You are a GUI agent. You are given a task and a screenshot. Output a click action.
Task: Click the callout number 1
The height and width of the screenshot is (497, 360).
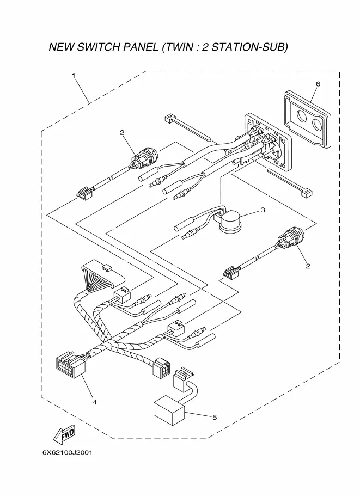(74, 76)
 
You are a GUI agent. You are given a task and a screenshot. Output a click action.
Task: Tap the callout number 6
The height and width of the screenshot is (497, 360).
(318, 84)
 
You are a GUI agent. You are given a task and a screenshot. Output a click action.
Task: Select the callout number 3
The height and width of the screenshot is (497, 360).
(263, 210)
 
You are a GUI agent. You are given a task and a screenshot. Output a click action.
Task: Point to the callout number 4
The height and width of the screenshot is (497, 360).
(94, 402)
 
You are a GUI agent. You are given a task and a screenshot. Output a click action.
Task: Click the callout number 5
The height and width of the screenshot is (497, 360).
(215, 418)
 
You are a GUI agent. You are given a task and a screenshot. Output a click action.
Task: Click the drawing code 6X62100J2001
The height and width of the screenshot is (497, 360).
(67, 452)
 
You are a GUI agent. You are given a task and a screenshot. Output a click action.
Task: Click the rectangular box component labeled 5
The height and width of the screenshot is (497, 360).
(169, 410)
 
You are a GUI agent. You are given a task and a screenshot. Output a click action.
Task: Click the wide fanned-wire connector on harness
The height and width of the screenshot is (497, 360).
(103, 273)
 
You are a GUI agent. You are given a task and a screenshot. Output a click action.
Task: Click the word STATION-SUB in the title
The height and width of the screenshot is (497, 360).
(249, 47)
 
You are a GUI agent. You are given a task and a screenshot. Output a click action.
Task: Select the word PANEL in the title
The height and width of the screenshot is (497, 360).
(140, 47)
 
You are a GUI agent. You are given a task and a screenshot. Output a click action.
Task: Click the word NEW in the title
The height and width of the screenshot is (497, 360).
(62, 47)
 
